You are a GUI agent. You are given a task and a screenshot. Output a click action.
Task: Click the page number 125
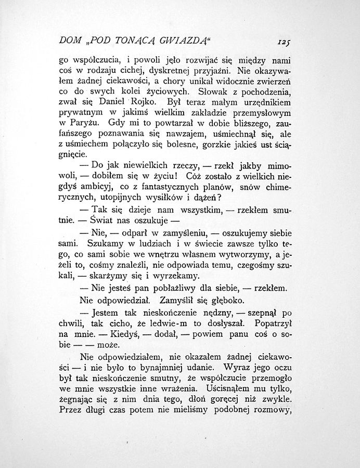[x=284, y=41]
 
